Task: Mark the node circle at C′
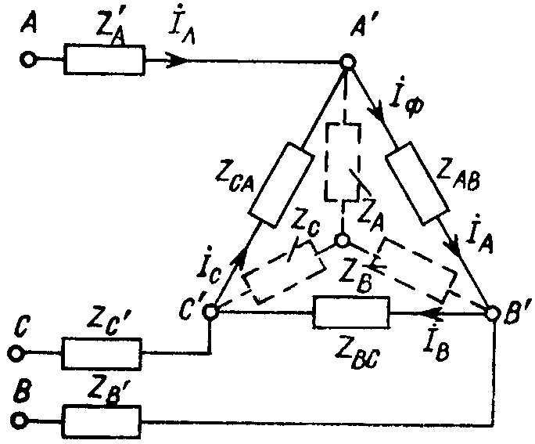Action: click(x=210, y=312)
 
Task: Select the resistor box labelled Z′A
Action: click(x=104, y=60)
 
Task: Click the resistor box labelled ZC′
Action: click(x=102, y=354)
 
